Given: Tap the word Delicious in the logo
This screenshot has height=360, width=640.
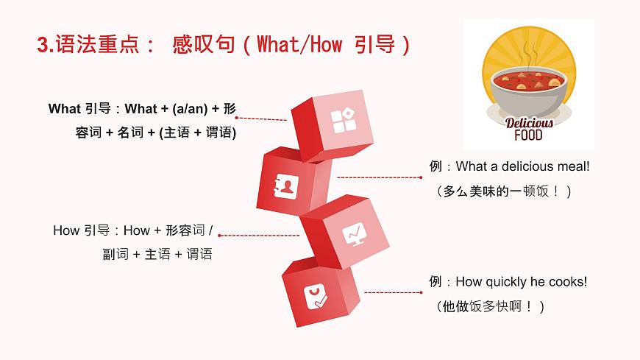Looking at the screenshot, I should tap(528, 123).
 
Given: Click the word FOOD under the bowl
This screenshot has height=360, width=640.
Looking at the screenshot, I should tap(528, 135).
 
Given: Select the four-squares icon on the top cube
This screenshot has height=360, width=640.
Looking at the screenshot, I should tap(343, 121).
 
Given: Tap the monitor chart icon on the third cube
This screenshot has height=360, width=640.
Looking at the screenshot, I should tap(355, 235).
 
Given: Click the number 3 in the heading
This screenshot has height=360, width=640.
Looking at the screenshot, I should tap(42, 45).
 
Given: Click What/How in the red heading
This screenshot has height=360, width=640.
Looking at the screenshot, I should tap(299, 45).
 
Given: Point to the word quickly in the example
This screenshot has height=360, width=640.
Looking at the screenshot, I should tap(507, 281).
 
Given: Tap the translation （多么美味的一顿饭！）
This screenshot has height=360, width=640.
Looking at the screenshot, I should tap(503, 191).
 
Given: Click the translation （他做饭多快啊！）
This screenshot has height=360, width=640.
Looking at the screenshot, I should tap(491, 306).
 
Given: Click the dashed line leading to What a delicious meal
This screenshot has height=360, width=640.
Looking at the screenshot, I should tap(379, 177).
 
